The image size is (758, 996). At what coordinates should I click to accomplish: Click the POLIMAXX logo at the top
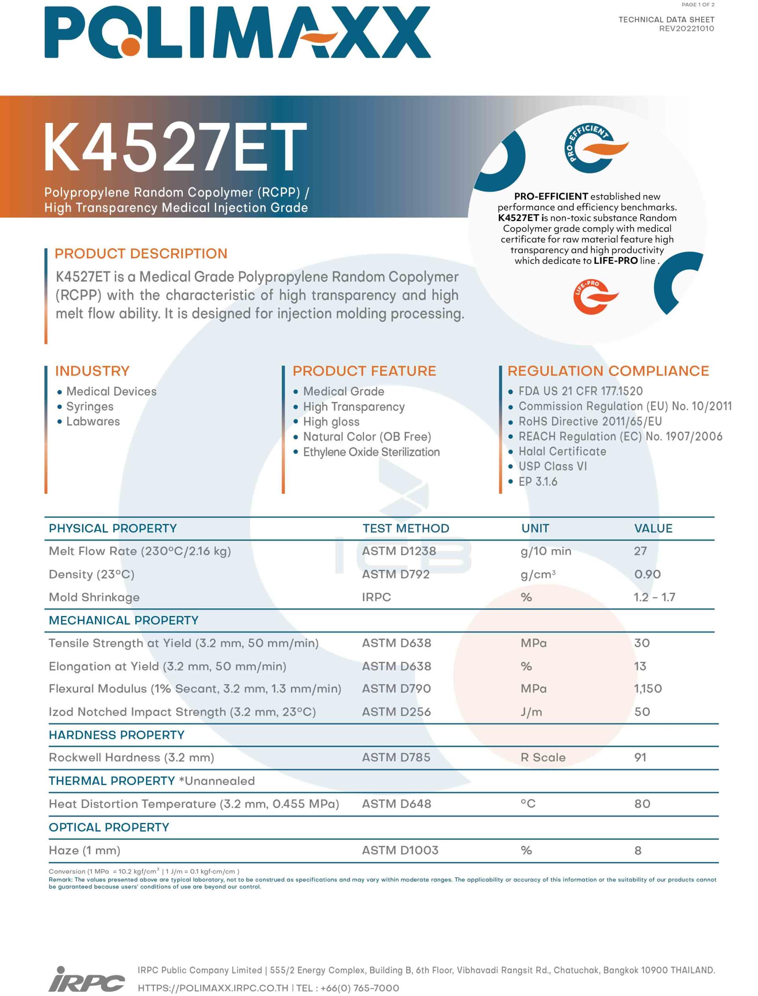237,32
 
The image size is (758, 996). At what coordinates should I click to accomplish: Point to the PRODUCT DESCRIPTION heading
141,254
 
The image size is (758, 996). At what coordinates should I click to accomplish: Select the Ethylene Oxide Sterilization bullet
371,452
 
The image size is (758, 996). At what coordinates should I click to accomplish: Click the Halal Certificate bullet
562,451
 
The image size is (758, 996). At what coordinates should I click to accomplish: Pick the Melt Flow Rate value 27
640,551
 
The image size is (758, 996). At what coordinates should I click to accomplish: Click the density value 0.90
647,574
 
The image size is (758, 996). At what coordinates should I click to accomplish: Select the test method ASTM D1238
399,551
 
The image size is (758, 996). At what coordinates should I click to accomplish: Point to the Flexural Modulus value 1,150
648,688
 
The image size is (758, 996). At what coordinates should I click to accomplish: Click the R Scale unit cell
543,757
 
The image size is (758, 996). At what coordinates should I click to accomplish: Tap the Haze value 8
638,850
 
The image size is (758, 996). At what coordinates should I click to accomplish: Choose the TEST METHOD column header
405,528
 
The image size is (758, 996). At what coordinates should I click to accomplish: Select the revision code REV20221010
686,28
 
